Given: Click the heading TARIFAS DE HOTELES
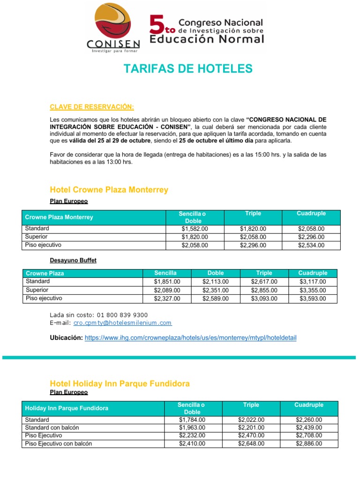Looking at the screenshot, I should click(x=188, y=69).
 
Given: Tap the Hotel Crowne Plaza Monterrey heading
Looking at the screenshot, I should click(x=109, y=190).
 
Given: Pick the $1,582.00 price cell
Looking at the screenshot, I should click(x=195, y=229).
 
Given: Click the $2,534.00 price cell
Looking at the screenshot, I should click(x=311, y=245).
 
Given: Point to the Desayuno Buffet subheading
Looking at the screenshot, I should click(x=73, y=260).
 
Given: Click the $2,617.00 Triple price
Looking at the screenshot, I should click(x=264, y=282).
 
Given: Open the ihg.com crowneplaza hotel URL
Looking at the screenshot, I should click(x=190, y=338).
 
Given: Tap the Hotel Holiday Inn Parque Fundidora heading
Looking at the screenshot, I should click(x=120, y=383).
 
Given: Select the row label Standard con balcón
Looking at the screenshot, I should click(x=52, y=427).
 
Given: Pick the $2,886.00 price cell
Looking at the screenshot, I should click(x=309, y=443).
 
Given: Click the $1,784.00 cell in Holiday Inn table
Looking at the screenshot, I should click(x=192, y=420).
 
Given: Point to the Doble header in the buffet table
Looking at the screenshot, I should click(x=216, y=273).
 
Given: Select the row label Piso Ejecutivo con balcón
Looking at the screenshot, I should click(x=59, y=443).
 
